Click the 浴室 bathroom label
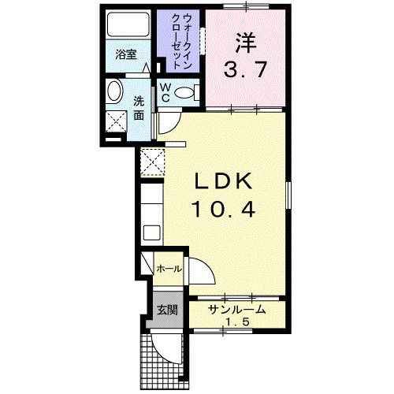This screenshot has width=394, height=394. click(126, 57)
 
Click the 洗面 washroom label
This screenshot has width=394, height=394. click(139, 108)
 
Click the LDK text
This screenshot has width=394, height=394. click(224, 182)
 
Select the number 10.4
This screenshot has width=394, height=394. click(224, 209)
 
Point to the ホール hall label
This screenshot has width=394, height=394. click(169, 269)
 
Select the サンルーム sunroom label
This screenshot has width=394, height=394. click(236, 310)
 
